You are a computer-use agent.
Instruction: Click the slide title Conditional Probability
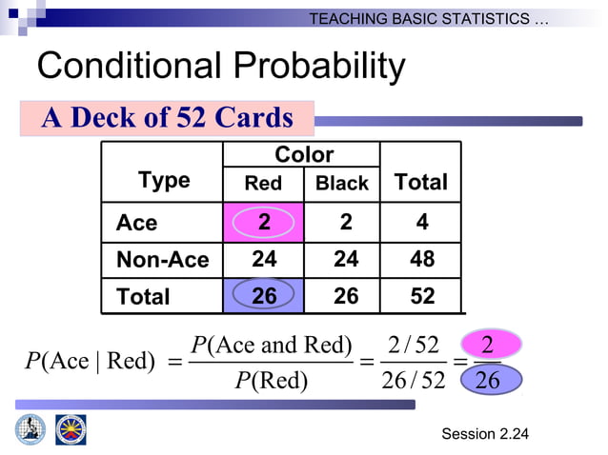[220, 67]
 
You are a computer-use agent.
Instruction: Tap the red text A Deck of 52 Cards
[167, 117]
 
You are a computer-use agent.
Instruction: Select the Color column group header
[303, 154]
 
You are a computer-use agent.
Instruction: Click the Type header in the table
[164, 180]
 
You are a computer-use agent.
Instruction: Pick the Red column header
[263, 184]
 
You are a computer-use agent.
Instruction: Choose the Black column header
[342, 184]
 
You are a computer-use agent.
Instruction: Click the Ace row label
[137, 223]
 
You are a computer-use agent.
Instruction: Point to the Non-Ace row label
[162, 260]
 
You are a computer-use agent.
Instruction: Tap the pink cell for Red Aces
[264, 222]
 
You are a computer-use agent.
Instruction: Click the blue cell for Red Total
[264, 296]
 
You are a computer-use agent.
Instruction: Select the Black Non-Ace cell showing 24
[345, 259]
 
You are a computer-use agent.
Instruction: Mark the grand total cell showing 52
[421, 296]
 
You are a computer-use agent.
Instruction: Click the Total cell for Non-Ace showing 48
[421, 259]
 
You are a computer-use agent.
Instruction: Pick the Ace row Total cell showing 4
[421, 222]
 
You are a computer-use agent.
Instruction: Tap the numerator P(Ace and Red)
[271, 345]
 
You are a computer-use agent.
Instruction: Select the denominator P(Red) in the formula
[271, 381]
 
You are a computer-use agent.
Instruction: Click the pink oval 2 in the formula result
[486, 345]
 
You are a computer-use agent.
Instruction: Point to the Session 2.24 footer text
[484, 435]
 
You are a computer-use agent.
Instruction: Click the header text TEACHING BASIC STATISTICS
[429, 19]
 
